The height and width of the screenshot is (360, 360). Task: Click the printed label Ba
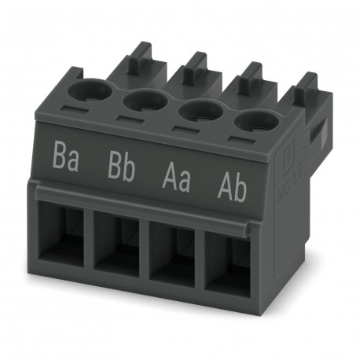pos(66,158)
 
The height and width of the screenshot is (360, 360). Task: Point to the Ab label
pos(231,176)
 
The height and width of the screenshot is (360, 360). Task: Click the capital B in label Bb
pos(113,163)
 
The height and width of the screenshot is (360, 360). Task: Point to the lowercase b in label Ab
pos(240,178)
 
